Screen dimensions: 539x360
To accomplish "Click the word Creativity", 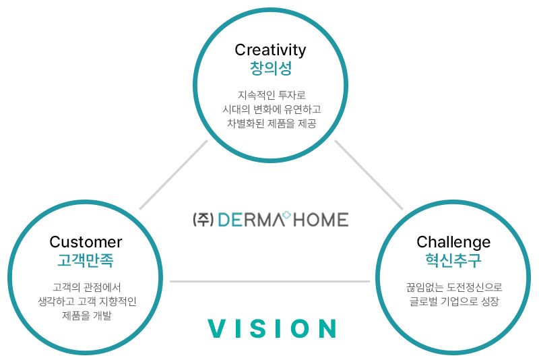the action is (x=270, y=50).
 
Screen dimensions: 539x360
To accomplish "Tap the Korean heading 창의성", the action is (x=271, y=68).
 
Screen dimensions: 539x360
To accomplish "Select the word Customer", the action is (x=86, y=242).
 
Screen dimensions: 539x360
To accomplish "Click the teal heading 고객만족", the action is (x=86, y=260).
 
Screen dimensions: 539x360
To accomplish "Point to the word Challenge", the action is (x=453, y=243).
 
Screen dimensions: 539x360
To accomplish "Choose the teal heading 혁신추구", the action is (x=453, y=260).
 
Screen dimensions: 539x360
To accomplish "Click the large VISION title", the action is (x=272, y=328).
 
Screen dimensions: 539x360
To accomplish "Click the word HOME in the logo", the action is (x=321, y=220).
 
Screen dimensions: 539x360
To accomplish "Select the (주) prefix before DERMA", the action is (x=203, y=220).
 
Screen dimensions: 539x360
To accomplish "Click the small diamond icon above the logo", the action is (x=286, y=215).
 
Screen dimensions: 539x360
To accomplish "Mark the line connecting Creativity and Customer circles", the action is (x=174, y=175).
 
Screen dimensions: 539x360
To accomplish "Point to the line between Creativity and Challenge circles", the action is (x=369, y=175).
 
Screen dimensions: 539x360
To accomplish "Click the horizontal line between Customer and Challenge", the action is (x=270, y=282).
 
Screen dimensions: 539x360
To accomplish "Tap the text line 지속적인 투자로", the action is (x=272, y=95).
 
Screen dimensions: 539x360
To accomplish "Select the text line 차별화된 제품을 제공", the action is (x=272, y=123).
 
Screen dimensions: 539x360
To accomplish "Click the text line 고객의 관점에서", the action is (x=87, y=287).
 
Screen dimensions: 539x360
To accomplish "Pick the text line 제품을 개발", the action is (x=87, y=316).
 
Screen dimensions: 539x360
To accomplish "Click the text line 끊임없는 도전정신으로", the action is (x=454, y=287).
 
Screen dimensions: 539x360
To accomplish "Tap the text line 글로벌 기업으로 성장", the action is (x=454, y=301).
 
